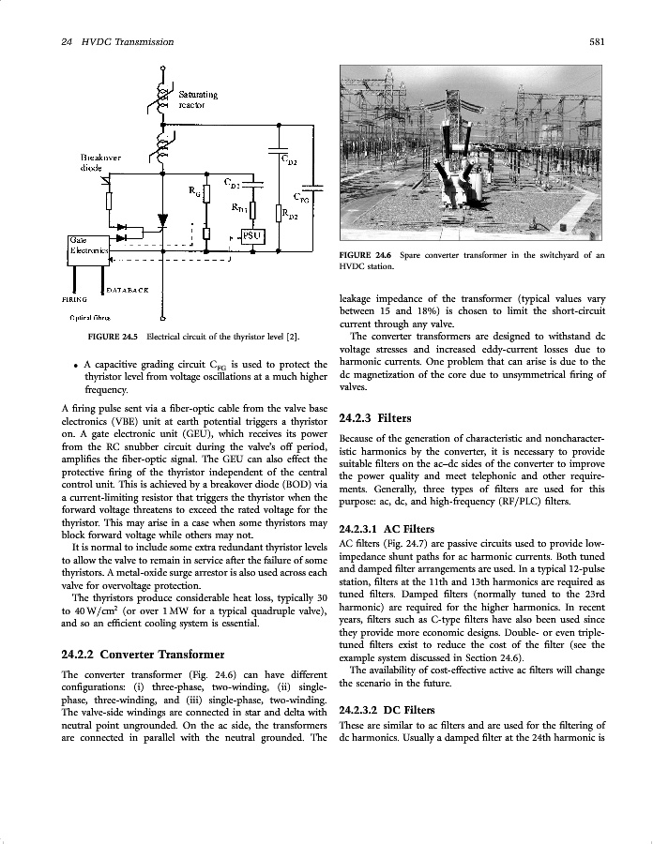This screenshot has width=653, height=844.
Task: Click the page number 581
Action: tap(596, 41)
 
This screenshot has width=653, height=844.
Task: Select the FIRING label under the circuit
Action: tap(74, 300)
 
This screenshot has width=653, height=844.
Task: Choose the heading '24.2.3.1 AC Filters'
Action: tap(386, 529)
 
